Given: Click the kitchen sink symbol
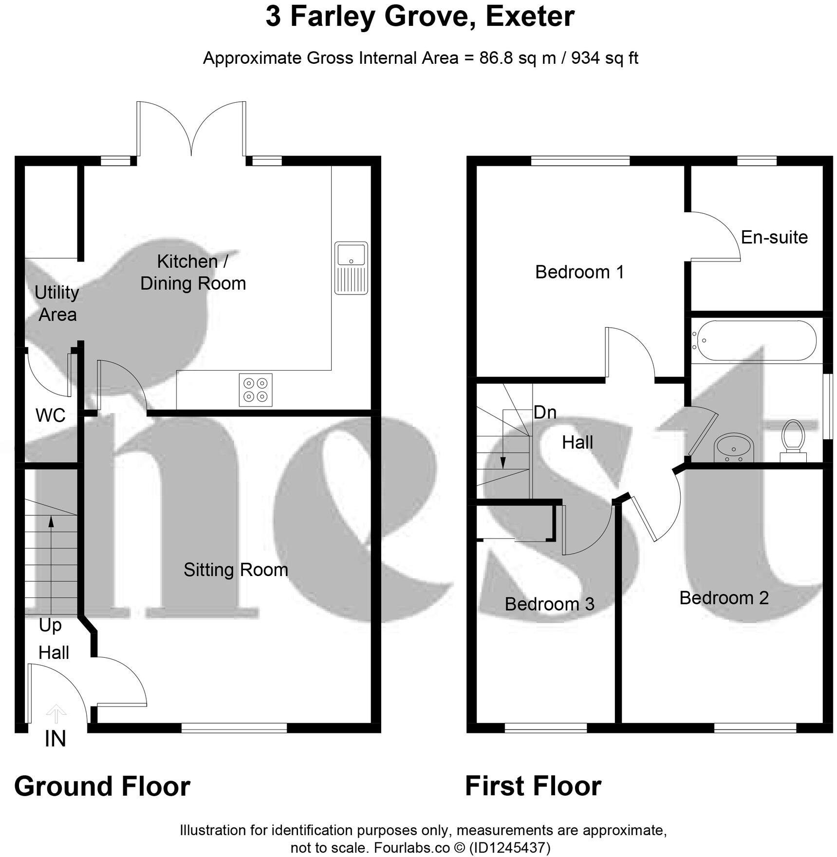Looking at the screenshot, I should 351,268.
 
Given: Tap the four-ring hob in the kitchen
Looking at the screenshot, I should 256,390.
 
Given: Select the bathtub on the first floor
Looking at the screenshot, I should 754,340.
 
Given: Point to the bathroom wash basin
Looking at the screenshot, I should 734,448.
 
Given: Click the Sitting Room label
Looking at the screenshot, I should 236,570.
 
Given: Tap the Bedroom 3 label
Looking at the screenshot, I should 549,604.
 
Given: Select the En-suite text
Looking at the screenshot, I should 774,237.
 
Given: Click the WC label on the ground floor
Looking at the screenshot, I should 50,415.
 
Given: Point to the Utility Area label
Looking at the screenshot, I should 57,303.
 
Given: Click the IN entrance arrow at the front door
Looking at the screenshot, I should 56,714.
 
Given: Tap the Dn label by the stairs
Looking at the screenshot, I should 544,412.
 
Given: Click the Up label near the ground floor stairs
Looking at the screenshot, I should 50,625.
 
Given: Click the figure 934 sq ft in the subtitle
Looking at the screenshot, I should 604,58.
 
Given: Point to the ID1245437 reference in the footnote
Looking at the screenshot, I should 510,848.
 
